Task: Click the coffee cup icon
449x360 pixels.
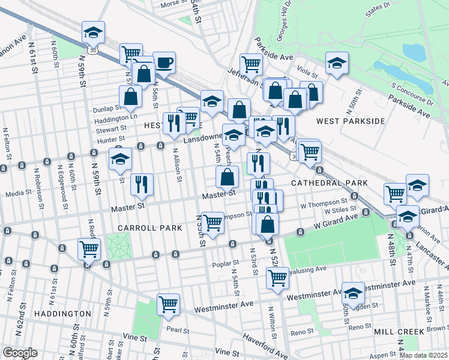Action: [x=164, y=62]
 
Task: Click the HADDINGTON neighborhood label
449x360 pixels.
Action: [x=63, y=314]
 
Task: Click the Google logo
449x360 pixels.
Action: [x=20, y=353]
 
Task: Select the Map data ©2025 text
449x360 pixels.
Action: [x=423, y=355]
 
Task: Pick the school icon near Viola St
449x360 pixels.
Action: [x=337, y=63]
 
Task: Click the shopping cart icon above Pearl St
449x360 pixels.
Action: [x=169, y=304]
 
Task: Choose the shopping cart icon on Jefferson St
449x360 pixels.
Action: [x=251, y=64]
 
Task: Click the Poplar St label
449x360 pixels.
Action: [x=226, y=263]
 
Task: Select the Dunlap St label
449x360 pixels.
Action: [x=107, y=109]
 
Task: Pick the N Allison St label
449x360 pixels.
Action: [x=177, y=164]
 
